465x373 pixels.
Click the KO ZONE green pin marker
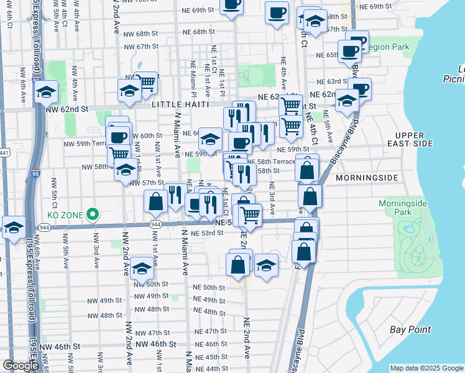click(93, 214)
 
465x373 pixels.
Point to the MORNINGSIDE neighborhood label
click(366, 178)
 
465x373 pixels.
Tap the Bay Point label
click(408, 329)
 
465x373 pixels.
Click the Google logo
click(21, 366)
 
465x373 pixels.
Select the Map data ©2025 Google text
click(426, 368)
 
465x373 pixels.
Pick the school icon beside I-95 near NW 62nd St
click(46, 93)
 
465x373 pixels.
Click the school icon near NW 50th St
click(142, 268)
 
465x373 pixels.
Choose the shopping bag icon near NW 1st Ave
click(155, 201)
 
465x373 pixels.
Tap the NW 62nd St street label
click(67, 109)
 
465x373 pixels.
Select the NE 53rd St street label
click(208, 233)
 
